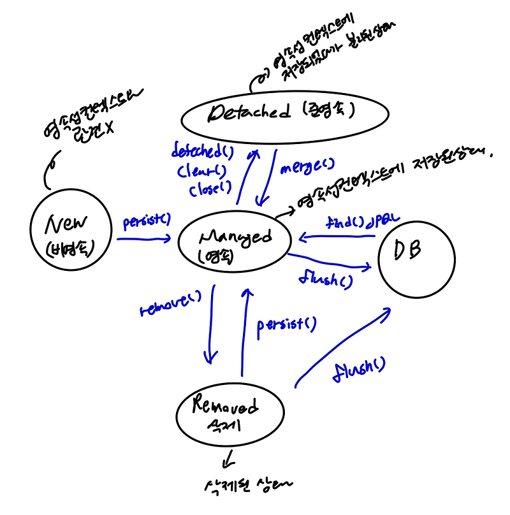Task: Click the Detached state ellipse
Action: point(285,115)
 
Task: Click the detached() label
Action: point(202,152)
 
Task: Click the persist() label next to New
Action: point(147,221)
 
